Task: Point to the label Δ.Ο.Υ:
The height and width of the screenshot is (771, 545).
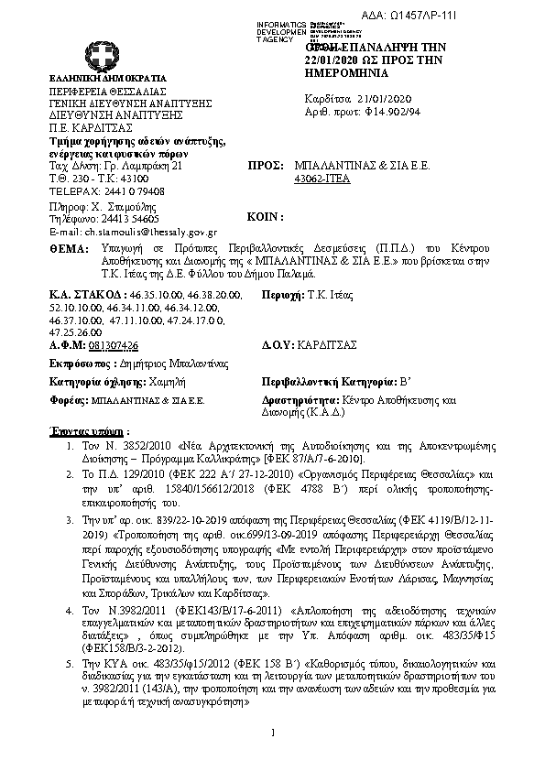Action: tap(278, 345)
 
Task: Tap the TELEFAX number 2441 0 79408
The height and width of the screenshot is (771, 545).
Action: tap(130, 191)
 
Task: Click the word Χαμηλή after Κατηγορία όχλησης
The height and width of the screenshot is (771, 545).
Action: tap(163, 383)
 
